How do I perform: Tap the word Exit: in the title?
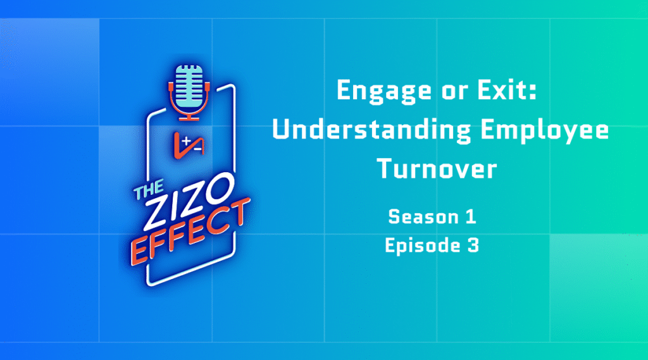click(x=508, y=90)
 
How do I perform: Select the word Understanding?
click(x=371, y=130)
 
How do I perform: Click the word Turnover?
click(x=437, y=169)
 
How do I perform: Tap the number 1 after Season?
click(x=471, y=216)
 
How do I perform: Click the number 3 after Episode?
click(x=473, y=245)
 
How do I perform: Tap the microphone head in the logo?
click(x=189, y=86)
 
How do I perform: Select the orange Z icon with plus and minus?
click(x=189, y=145)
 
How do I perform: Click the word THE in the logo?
click(x=149, y=189)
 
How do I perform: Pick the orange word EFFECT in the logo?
click(x=190, y=232)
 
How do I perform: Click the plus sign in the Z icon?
click(x=187, y=141)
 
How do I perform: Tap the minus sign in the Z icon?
click(x=197, y=149)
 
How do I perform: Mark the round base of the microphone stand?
click(x=189, y=119)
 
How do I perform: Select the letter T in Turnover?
click(x=385, y=169)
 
